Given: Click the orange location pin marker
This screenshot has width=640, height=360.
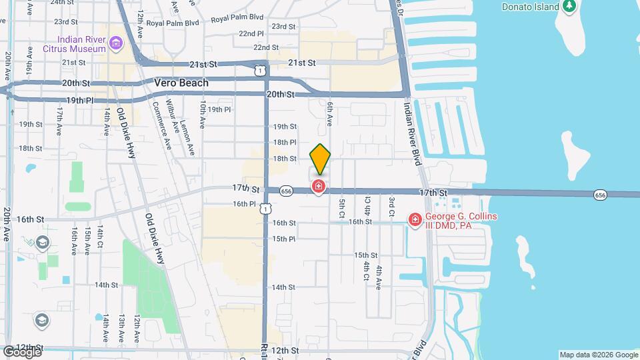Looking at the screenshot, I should (x=321, y=159).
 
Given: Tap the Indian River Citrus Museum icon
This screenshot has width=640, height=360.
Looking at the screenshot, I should (x=116, y=44).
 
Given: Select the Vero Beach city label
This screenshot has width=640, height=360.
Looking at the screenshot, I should (x=181, y=83).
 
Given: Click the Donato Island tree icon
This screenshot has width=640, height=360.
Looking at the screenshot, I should (x=569, y=7).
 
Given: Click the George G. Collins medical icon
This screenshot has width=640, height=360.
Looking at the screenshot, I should (x=415, y=219).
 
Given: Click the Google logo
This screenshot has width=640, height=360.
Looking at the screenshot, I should (x=22, y=351).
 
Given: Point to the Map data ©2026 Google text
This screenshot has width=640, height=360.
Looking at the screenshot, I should (x=598, y=355).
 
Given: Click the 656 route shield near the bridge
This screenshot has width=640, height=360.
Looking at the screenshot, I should (x=600, y=195).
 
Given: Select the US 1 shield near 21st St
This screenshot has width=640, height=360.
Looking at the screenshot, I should (x=259, y=69).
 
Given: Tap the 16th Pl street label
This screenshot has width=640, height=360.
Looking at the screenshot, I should (x=245, y=204).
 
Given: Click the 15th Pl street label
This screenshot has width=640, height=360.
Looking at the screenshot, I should (x=283, y=239).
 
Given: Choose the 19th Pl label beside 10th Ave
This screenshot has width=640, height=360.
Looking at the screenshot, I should (x=219, y=109).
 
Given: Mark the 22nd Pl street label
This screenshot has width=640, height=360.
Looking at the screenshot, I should (x=251, y=33).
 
